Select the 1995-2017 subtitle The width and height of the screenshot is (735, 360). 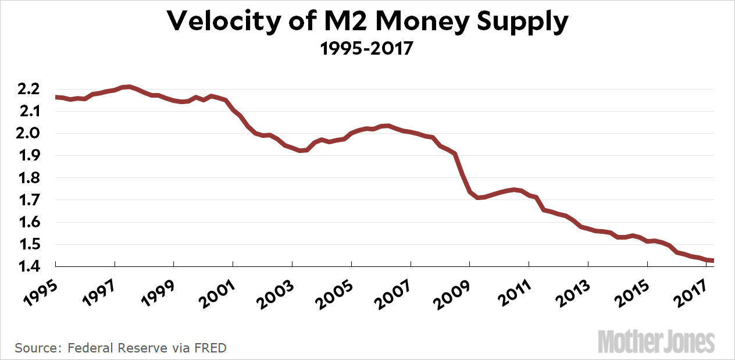(x=367, y=49)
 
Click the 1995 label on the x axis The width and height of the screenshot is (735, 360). (x=38, y=289)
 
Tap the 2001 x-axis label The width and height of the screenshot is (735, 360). (x=216, y=289)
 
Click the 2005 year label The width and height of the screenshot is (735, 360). (x=334, y=289)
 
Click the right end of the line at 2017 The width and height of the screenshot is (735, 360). (x=713, y=261)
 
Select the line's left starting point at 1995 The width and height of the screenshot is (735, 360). (x=56, y=97)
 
